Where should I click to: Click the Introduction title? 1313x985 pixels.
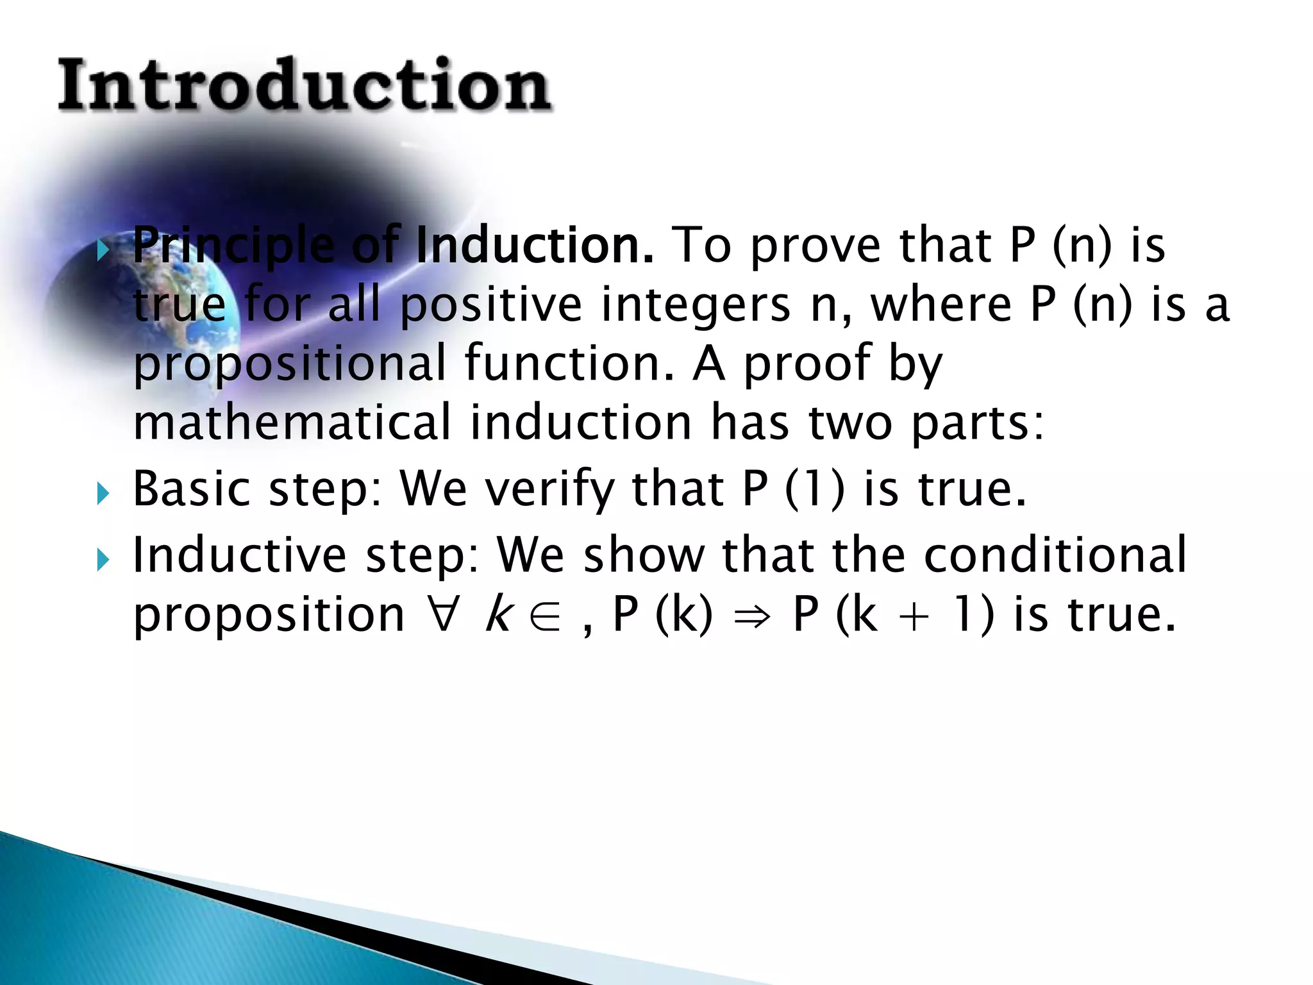pyautogui.click(x=304, y=85)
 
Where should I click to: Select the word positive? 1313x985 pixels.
pyautogui.click(x=490, y=305)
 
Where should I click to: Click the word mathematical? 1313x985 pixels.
pyautogui.click(x=292, y=422)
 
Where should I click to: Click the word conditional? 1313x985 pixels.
pyautogui.click(x=1055, y=554)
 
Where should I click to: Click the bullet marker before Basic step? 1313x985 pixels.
pyautogui.click(x=103, y=493)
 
